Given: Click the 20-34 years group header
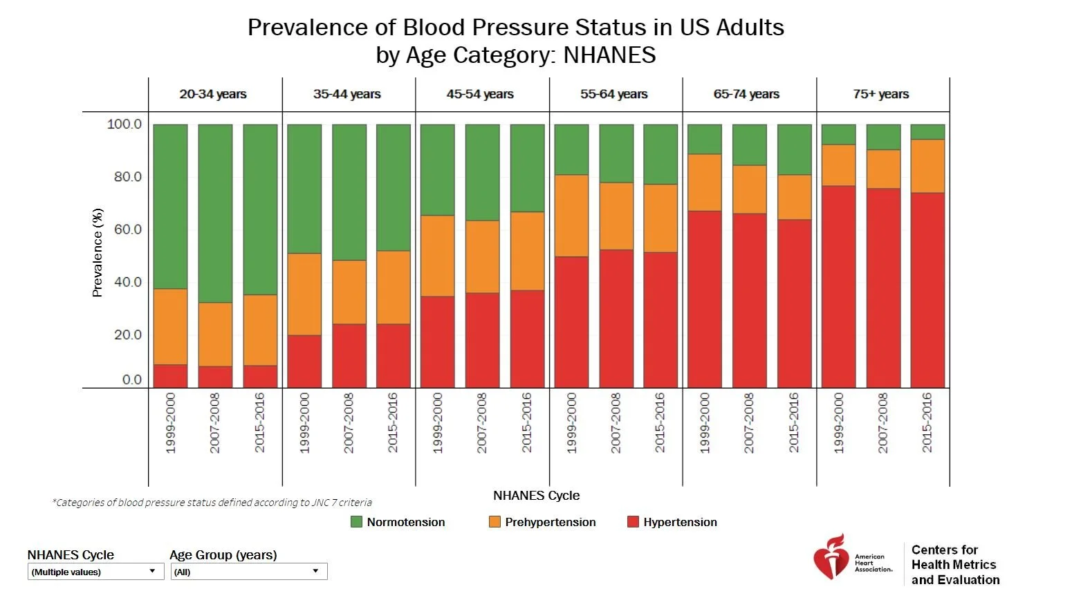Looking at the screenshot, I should (213, 94).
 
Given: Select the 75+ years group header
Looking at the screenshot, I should (880, 94).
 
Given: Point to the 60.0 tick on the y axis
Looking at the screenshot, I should (127, 230).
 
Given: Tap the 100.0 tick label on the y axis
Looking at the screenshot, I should (124, 124).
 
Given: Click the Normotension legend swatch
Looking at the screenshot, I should (357, 522).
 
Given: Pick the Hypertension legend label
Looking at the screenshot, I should (680, 522).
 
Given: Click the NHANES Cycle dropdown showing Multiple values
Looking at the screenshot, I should (95, 572).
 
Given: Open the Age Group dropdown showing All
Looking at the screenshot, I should (248, 572).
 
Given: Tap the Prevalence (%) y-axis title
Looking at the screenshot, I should (98, 252).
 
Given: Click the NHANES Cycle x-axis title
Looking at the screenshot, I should (536, 496).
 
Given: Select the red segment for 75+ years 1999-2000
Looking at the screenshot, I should (838, 286).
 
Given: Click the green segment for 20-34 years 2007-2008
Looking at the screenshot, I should (215, 213).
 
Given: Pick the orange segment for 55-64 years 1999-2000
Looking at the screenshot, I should (571, 216).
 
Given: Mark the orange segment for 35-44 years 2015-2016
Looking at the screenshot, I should (393, 287).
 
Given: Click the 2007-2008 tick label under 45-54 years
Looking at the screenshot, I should (482, 422).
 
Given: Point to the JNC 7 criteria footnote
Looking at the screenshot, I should (212, 503).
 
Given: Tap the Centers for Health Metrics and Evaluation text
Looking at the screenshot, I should (955, 564).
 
